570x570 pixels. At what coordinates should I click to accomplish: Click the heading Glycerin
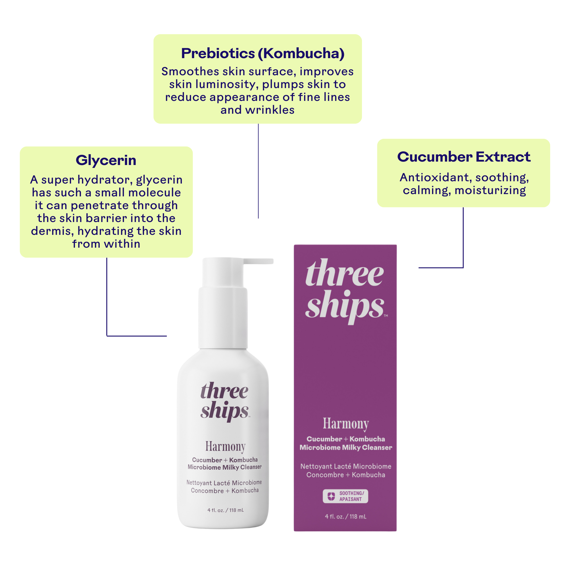[x=106, y=160]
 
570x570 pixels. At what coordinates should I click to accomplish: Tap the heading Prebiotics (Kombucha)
[x=262, y=53]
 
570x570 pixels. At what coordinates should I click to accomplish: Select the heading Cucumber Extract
[x=463, y=157]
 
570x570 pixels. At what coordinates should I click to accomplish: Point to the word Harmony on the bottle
[x=225, y=447]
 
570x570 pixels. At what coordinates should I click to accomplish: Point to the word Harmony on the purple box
[x=345, y=424]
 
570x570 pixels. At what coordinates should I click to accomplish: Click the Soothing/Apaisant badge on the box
[x=345, y=496]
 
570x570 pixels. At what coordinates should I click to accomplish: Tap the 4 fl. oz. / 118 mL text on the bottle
[x=225, y=510]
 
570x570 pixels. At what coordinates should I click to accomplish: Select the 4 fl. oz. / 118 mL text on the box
[x=345, y=516]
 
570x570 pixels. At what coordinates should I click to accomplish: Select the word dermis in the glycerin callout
[x=52, y=231]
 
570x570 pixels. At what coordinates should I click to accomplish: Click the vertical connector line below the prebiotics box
[x=258, y=171]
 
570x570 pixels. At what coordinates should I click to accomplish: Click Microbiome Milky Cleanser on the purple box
[x=345, y=447]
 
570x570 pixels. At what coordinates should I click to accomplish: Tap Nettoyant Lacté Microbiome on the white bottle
[x=224, y=483]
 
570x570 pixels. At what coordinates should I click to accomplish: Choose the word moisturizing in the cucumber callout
[x=490, y=191]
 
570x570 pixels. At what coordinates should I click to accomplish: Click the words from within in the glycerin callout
[x=106, y=244]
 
